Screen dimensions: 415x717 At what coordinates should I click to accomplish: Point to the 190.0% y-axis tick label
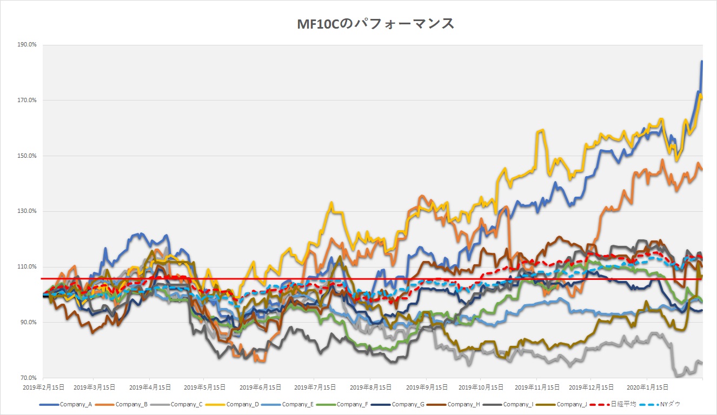click(x=26, y=45)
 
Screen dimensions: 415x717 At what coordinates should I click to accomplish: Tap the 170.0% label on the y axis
click(x=26, y=101)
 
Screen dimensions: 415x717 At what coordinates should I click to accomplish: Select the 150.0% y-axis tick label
click(x=26, y=156)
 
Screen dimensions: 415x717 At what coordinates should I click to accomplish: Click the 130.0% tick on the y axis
click(x=26, y=211)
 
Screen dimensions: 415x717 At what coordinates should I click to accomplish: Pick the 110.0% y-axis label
click(x=26, y=267)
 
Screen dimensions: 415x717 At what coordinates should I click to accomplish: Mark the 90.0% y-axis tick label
click(x=28, y=323)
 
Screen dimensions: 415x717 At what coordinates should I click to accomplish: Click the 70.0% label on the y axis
click(x=28, y=378)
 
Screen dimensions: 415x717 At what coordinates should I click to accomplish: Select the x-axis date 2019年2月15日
click(x=43, y=387)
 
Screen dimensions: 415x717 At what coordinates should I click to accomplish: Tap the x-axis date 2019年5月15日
click(x=204, y=387)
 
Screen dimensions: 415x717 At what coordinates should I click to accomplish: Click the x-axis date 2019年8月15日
click(x=370, y=387)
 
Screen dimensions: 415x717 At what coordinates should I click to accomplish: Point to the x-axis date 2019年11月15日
click(x=537, y=387)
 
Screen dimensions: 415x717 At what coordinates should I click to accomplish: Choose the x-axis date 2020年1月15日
click(x=647, y=387)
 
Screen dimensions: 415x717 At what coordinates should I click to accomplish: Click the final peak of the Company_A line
click(x=702, y=62)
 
